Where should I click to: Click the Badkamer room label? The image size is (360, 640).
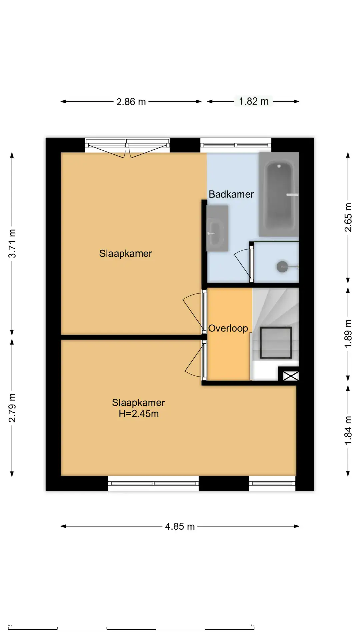(231, 194)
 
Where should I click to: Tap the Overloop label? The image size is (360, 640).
(228, 328)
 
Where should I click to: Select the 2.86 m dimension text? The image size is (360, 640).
(131, 102)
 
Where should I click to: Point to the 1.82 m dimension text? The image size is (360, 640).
(254, 101)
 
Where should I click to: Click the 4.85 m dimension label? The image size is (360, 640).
(180, 526)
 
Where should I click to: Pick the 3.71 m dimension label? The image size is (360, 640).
(12, 243)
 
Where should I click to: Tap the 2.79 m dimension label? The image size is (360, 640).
(12, 408)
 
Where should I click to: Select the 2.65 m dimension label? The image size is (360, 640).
(348, 217)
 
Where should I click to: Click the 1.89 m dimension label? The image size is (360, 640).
(348, 334)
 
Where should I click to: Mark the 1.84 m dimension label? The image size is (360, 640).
(348, 430)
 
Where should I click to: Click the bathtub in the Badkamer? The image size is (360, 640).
(279, 194)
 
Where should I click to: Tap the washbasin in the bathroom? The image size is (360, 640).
(217, 228)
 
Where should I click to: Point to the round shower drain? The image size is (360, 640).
(282, 267)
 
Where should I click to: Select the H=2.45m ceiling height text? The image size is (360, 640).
(139, 414)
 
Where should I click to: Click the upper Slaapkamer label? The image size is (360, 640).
(125, 253)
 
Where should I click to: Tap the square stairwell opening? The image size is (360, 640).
(276, 343)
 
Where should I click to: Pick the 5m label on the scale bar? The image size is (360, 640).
(252, 626)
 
